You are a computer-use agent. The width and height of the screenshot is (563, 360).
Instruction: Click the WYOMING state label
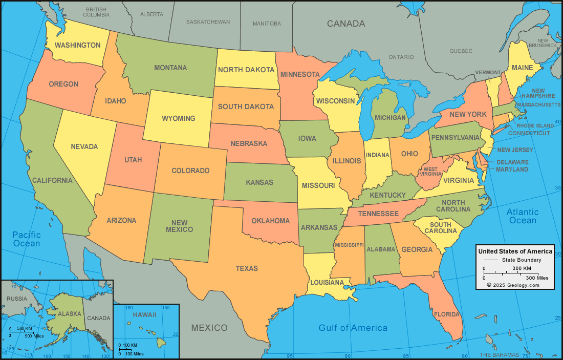tap(179, 118)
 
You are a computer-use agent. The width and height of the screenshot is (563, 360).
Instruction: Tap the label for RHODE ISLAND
tap(535, 125)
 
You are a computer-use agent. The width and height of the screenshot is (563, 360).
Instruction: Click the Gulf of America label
tap(353, 328)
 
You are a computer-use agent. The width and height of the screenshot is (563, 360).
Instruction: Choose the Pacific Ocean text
tap(27, 239)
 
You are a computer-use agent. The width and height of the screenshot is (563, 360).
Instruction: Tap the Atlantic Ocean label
tap(523, 216)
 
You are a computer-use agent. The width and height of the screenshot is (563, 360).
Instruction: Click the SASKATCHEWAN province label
tap(208, 22)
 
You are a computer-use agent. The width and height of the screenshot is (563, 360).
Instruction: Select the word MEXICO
tap(209, 327)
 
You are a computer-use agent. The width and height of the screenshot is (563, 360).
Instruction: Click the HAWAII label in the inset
tap(145, 315)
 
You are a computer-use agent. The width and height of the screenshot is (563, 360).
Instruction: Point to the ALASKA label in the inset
tap(69, 314)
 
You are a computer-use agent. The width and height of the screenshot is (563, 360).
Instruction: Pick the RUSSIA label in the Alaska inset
tap(17, 299)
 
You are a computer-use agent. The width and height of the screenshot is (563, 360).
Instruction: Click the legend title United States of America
tap(515, 251)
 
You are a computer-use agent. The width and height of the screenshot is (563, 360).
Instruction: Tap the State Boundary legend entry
tap(520, 260)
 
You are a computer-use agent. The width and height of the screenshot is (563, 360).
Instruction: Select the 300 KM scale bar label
tap(522, 268)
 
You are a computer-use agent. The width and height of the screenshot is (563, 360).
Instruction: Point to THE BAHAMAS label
tap(499, 355)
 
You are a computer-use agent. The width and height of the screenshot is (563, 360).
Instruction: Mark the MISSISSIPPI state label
tap(349, 245)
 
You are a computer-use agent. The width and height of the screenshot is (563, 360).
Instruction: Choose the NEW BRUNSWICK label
tap(547, 43)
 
